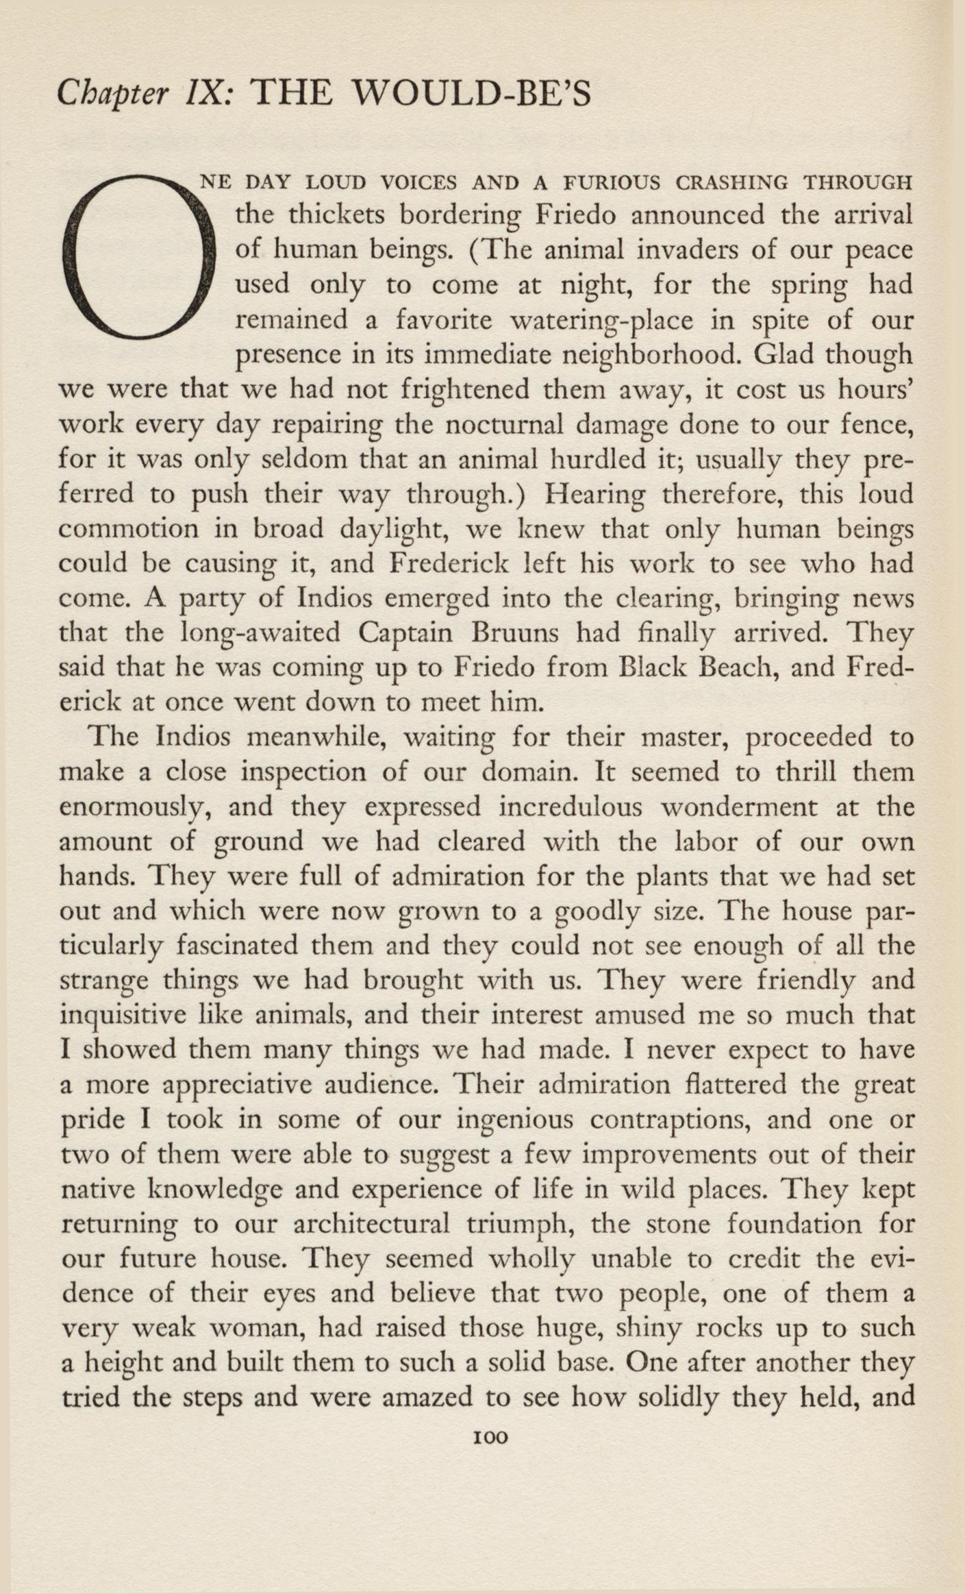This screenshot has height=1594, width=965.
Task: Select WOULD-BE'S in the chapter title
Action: pos(469,95)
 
